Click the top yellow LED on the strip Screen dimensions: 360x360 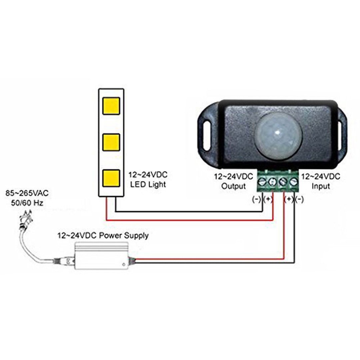click(111, 106)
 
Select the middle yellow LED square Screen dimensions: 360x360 click(111, 142)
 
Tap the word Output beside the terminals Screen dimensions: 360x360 click(234, 186)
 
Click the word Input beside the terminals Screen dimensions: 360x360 click(321, 186)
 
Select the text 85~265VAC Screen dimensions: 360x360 click(25, 193)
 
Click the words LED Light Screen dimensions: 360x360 click(147, 184)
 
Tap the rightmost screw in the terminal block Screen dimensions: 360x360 click(293, 182)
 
